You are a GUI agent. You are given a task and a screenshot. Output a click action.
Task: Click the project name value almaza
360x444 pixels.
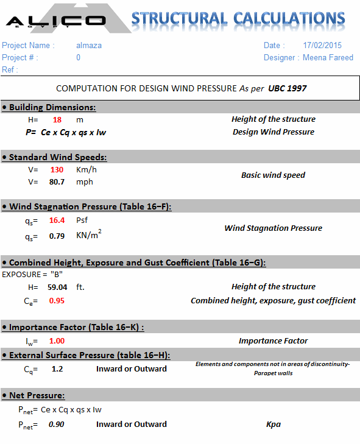[x=89, y=46]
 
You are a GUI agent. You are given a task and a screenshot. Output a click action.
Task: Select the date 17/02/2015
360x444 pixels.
[x=322, y=46]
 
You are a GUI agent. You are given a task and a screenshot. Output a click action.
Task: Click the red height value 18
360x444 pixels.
[x=57, y=120]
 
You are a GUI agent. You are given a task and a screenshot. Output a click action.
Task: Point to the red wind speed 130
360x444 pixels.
[x=57, y=170]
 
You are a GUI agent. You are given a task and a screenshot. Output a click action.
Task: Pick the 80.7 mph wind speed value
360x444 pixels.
[x=57, y=182]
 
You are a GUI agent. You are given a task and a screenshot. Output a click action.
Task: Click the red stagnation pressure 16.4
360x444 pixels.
[x=57, y=220]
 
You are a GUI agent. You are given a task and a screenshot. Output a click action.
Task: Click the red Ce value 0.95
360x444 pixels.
[x=57, y=301]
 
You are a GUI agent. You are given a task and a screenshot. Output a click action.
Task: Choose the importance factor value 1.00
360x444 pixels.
[x=57, y=341]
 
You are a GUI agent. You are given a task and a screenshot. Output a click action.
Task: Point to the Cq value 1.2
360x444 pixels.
[x=57, y=369]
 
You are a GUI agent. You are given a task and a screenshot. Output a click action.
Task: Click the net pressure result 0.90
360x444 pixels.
[x=57, y=425]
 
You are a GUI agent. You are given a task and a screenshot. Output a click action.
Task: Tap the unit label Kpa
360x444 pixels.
[x=274, y=425]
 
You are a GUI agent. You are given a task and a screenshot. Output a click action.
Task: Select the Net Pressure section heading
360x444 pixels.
[x=36, y=396]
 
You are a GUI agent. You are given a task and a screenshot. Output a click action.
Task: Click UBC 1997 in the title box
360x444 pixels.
[x=288, y=88]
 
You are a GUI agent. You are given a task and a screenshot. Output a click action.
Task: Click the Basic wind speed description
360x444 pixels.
[x=273, y=175]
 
